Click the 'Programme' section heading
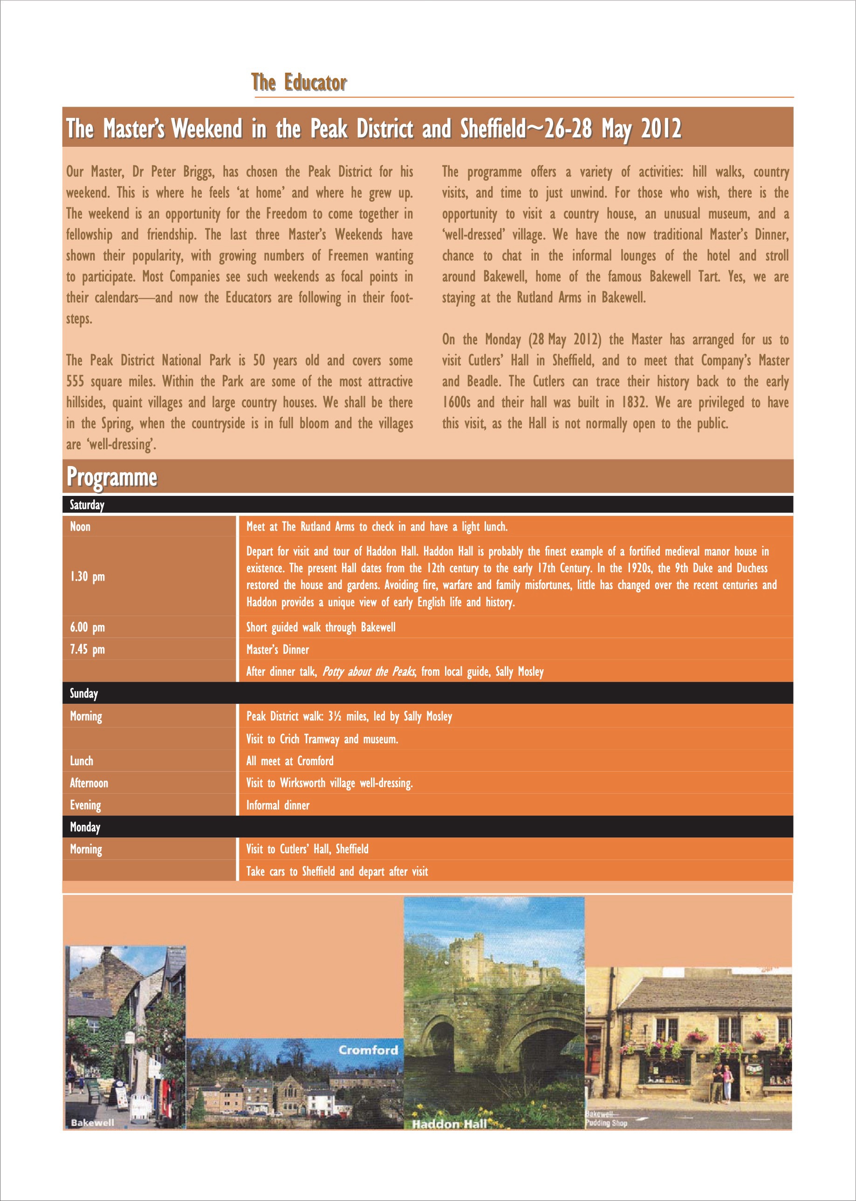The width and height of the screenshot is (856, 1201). pyautogui.click(x=112, y=477)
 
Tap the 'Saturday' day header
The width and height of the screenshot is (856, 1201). pyautogui.click(x=87, y=505)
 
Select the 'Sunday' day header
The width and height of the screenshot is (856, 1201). pyautogui.click(x=84, y=693)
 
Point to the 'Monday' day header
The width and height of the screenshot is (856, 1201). pyautogui.click(x=85, y=827)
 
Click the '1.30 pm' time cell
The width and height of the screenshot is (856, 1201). pyautogui.click(x=88, y=576)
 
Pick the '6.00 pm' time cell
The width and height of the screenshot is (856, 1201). pyautogui.click(x=88, y=627)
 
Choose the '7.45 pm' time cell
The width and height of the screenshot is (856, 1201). pyautogui.click(x=88, y=649)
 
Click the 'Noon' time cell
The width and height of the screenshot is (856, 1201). pyautogui.click(x=80, y=526)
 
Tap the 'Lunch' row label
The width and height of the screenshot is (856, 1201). pyautogui.click(x=81, y=761)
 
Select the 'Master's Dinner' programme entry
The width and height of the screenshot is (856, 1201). pyautogui.click(x=277, y=650)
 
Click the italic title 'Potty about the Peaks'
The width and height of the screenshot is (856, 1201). pyautogui.click(x=369, y=672)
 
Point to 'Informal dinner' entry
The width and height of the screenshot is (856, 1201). pyautogui.click(x=278, y=805)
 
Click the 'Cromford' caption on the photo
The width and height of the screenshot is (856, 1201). pyautogui.click(x=368, y=1050)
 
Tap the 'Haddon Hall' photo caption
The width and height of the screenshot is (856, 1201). pyautogui.click(x=450, y=1124)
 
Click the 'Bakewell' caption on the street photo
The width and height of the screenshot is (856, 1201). pyautogui.click(x=92, y=1122)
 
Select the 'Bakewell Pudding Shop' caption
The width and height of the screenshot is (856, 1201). pyautogui.click(x=606, y=1119)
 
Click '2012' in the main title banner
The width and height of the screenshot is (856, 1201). pyautogui.click(x=662, y=128)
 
